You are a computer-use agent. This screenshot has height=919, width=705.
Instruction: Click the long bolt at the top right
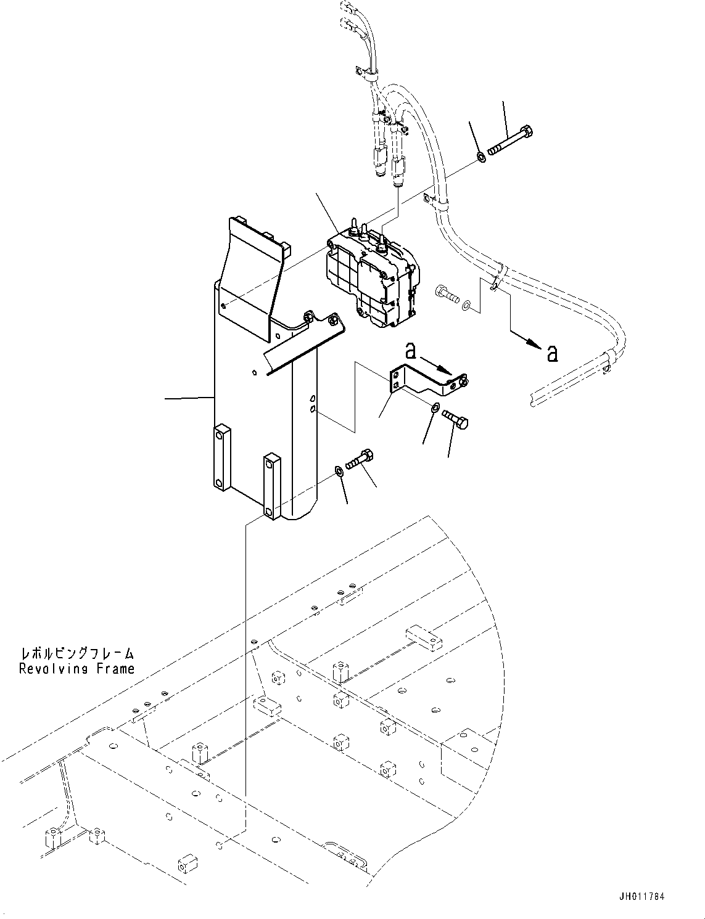(510, 141)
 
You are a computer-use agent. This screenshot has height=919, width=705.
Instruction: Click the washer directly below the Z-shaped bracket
(435, 407)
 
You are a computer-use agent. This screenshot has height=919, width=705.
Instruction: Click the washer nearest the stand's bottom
(339, 472)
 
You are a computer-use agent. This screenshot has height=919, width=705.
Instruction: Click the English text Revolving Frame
(76, 669)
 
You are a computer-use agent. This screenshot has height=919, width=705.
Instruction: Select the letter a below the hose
(552, 353)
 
